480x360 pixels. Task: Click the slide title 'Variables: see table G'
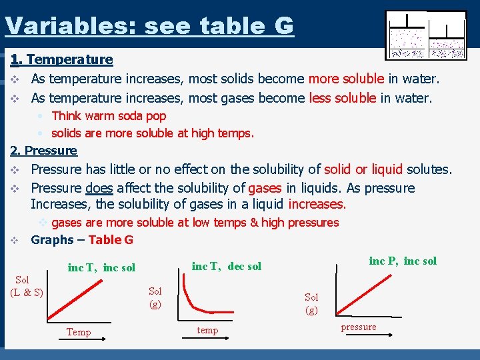[149, 25]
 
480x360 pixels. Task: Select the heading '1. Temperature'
[61, 59]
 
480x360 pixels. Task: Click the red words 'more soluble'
[346, 79]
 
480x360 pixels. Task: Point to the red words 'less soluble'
[343, 98]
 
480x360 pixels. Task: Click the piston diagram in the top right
[426, 35]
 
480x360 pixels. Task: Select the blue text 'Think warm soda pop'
[109, 115]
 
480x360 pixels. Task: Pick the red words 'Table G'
[111, 240]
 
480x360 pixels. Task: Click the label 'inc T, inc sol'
[101, 268]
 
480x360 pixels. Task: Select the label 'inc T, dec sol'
[226, 267]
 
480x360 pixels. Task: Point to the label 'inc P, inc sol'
[403, 261]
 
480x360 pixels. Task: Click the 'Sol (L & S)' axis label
[27, 286]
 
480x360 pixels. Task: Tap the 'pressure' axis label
[359, 327]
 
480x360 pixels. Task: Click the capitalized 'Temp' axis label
[79, 332]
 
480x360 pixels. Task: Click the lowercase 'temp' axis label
[207, 330]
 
